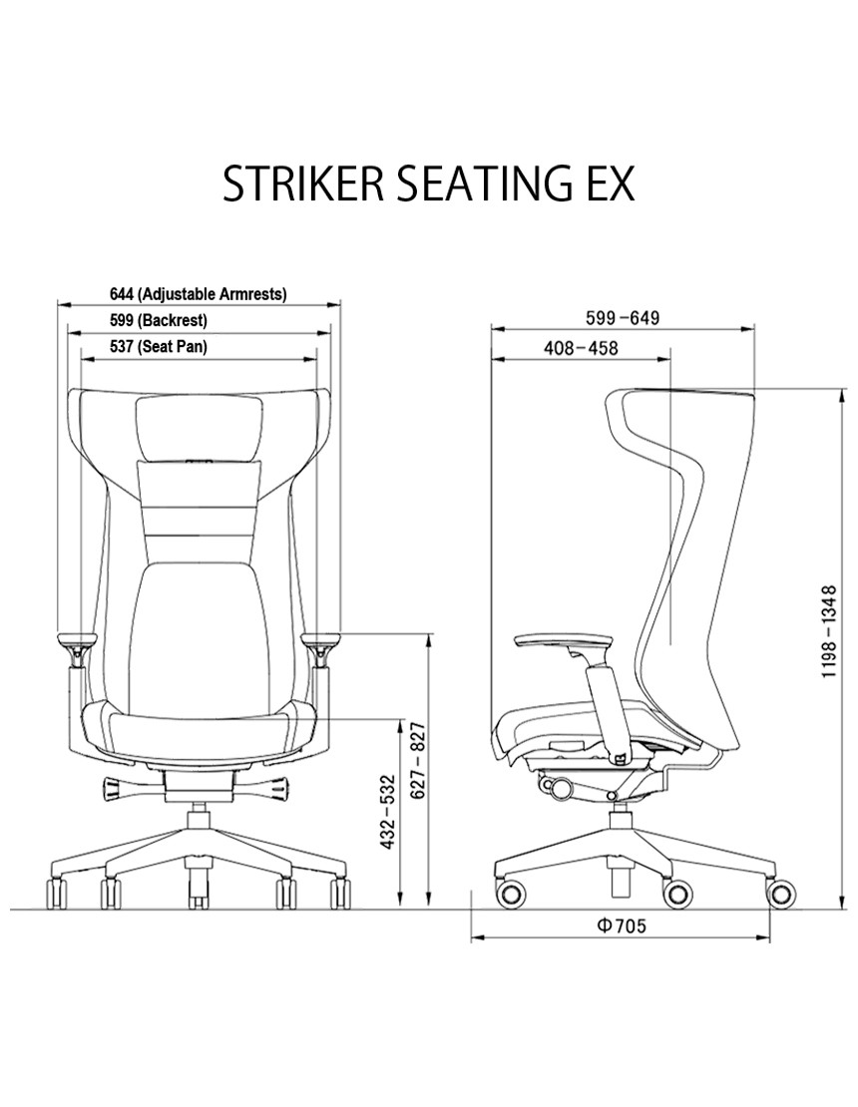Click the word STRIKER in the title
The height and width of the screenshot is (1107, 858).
pos(303,184)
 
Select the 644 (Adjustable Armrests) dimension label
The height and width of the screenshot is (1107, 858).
pos(199,293)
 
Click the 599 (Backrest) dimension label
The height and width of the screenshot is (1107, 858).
pos(159,320)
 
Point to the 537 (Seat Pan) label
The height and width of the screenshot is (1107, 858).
pos(159,346)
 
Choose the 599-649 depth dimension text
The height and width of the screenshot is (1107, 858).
pos(623,318)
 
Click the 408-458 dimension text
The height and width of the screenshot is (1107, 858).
pos(581,348)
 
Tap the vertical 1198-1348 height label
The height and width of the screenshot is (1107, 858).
pos(829,631)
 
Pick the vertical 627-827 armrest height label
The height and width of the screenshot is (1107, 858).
pos(419,760)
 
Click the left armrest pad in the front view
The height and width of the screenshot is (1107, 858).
pos(77,640)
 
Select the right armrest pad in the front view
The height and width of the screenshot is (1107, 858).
pos(322,640)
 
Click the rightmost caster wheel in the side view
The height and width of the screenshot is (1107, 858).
pos(782,894)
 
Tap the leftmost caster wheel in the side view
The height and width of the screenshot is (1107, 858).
pos(512,894)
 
